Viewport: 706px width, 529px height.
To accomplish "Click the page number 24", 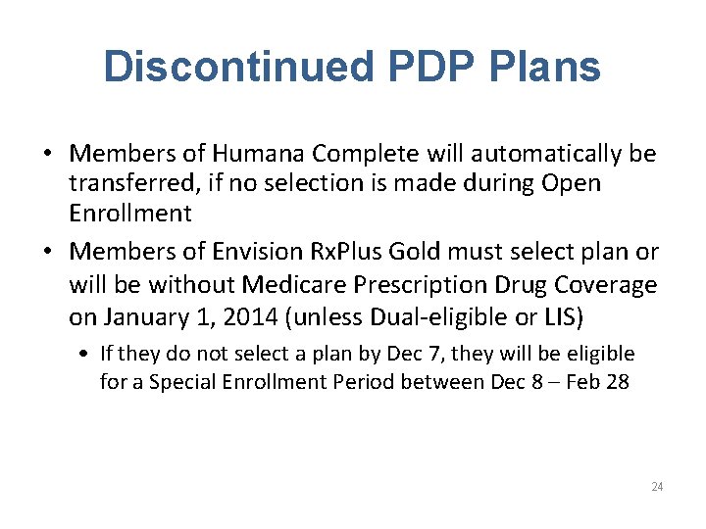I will click(656, 487).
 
